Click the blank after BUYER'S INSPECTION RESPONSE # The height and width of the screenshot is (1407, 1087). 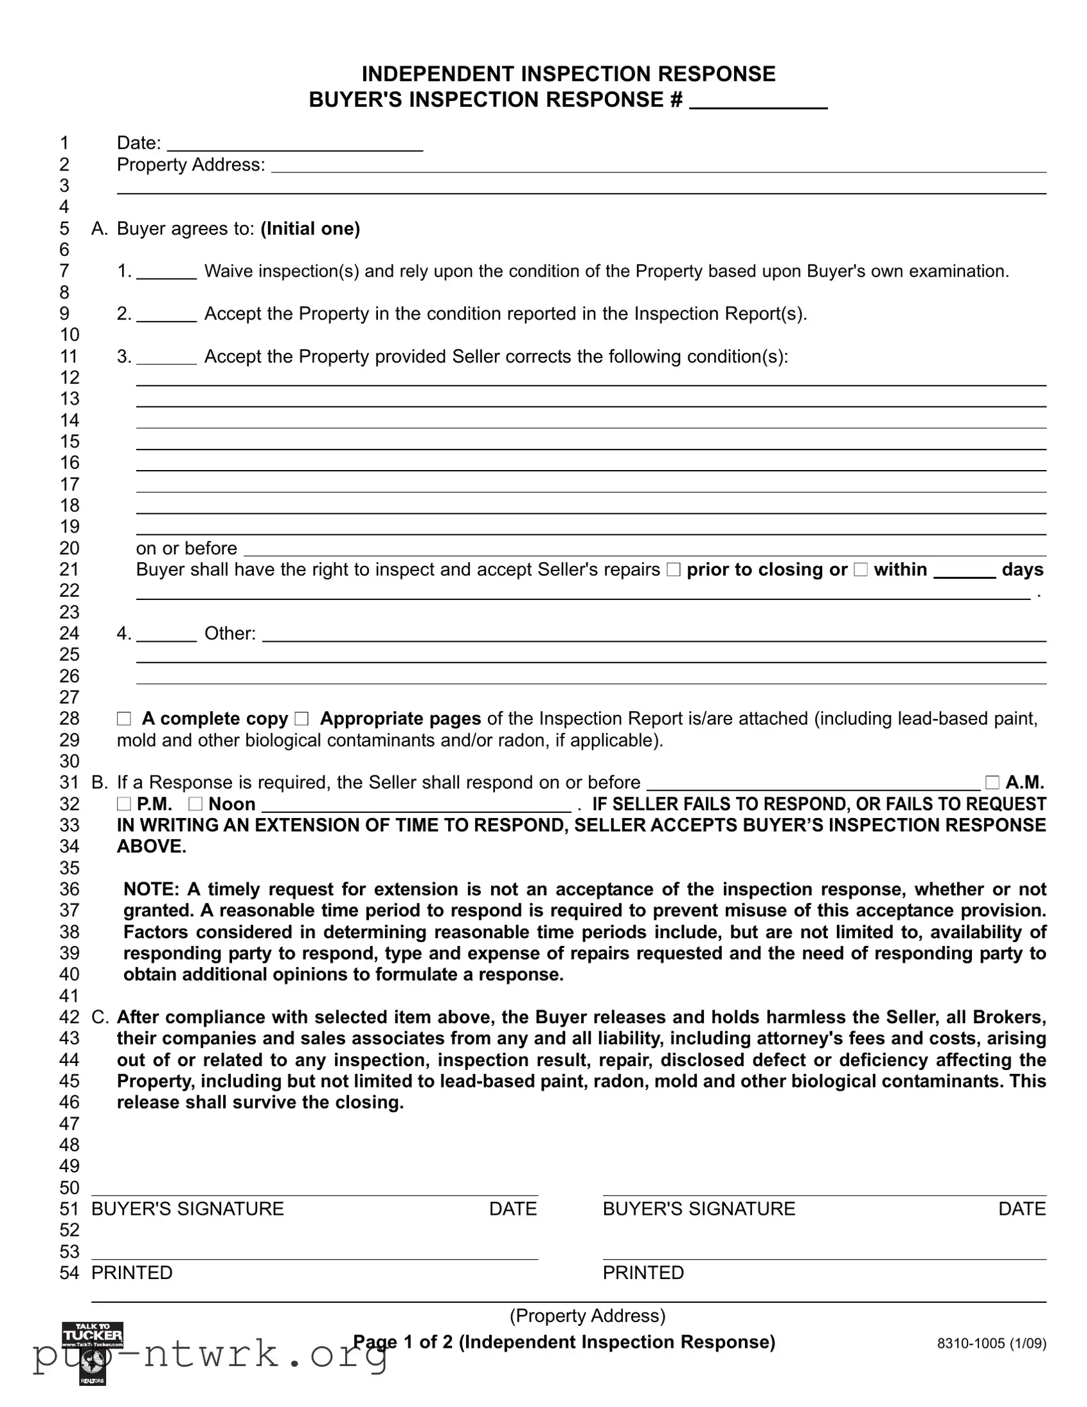tap(758, 101)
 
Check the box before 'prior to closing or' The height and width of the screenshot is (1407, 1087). tap(673, 570)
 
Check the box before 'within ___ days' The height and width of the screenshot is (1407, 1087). tap(860, 570)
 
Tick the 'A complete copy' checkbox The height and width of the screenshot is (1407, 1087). tap(123, 719)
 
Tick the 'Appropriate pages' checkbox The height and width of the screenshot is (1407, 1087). tap(301, 719)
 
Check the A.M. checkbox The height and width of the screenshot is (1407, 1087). tap(992, 783)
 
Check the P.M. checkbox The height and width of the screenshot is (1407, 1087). tap(123, 804)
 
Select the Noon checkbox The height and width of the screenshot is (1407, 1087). tap(195, 804)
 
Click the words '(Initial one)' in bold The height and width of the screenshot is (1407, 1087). tap(310, 229)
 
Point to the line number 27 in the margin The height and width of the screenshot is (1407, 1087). tap(69, 697)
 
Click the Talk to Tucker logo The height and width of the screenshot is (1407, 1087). tap(93, 1336)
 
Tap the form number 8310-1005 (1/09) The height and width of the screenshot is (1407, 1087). tap(991, 1344)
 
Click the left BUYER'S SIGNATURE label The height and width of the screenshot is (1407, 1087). tap(188, 1208)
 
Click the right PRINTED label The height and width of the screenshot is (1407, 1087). tap(643, 1273)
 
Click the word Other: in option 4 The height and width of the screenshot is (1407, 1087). tap(230, 634)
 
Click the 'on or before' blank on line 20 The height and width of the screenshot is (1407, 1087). tap(644, 549)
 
